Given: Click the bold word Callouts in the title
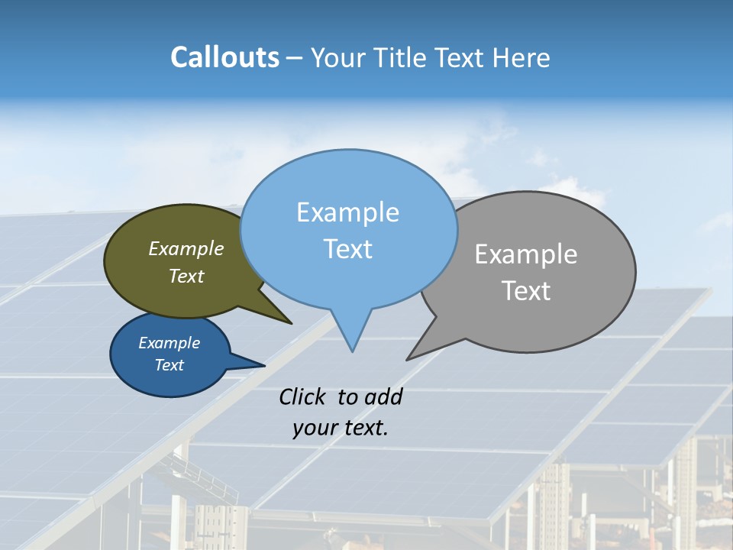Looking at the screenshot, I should (224, 57).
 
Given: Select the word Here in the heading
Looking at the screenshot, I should (522, 57).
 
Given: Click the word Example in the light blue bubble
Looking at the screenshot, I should (347, 212).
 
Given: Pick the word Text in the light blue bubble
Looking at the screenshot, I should (347, 249).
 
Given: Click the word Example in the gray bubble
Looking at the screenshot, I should (526, 254).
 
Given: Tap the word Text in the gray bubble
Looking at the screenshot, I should (526, 291).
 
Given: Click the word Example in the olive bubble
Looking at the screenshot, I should (186, 249).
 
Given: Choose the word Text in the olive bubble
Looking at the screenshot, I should (186, 277).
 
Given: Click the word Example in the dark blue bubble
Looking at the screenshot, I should (169, 343).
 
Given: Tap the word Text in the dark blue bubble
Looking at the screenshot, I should (169, 365).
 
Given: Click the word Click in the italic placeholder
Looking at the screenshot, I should (303, 397).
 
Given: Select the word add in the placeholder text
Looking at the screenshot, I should (383, 397).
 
